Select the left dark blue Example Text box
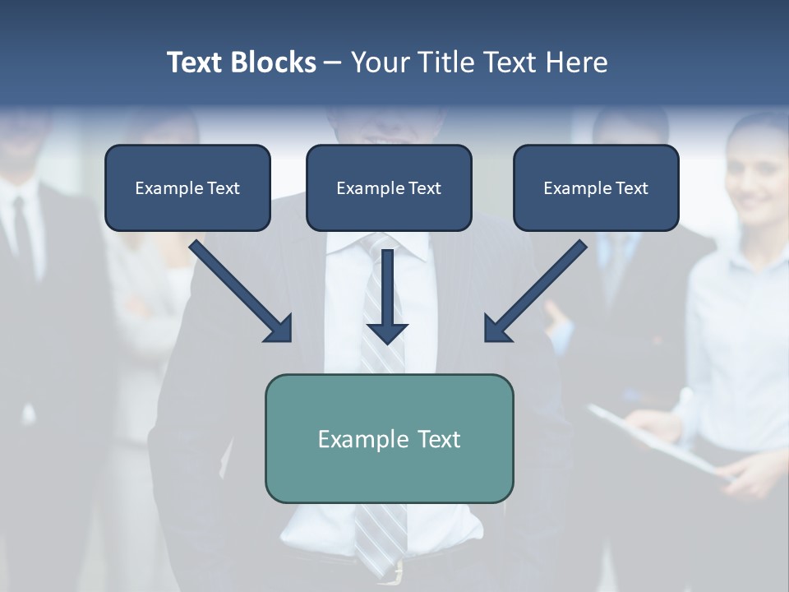click(187, 187)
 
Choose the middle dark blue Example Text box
click(389, 187)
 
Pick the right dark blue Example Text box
click(596, 187)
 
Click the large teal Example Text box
click(389, 438)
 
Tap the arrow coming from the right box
click(537, 290)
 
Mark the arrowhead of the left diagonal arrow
click(279, 329)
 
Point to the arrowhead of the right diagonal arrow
click(497, 329)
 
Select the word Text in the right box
click(631, 188)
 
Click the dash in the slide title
click(333, 63)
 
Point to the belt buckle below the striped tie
click(398, 571)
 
